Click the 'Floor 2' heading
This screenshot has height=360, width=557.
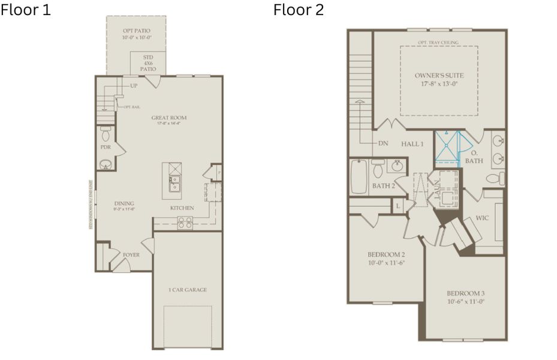(x=298, y=10)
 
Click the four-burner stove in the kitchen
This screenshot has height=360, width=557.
(x=185, y=223)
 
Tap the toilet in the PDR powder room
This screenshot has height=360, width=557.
(x=106, y=133)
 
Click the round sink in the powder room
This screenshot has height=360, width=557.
(x=106, y=163)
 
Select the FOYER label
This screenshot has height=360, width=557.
(x=131, y=255)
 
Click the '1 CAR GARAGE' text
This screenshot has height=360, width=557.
(x=187, y=290)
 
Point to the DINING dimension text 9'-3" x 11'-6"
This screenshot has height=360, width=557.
(x=124, y=209)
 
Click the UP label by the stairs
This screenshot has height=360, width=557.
(x=133, y=86)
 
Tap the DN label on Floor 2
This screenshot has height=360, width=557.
(x=383, y=144)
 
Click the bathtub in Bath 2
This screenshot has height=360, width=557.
(x=359, y=176)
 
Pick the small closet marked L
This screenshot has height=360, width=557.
(x=398, y=206)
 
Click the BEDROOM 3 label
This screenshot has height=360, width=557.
(x=465, y=293)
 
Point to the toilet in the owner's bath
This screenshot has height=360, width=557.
(x=493, y=178)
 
